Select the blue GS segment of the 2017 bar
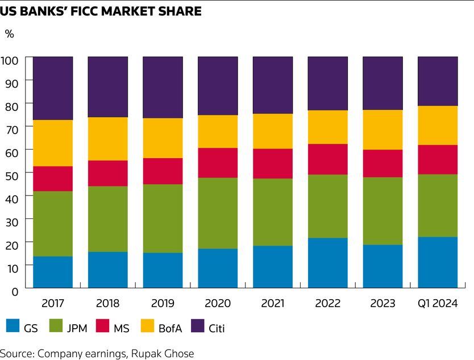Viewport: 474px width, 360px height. point(53,272)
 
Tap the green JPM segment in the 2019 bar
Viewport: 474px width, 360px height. point(163,218)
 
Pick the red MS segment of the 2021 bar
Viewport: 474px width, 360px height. point(273,164)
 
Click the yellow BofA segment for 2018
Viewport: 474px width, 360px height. point(107,139)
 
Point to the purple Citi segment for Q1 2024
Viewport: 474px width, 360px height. point(438,81)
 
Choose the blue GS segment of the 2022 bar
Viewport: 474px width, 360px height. point(327,263)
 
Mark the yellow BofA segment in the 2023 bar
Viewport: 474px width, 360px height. point(382,130)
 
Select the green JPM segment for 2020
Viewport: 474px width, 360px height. point(218,213)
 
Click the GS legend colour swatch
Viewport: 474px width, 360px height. point(13,326)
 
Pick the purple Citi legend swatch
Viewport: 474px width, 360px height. point(196,326)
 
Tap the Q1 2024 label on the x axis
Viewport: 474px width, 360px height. point(438,303)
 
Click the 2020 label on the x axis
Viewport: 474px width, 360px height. point(218,303)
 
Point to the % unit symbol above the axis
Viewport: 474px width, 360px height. point(9,34)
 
